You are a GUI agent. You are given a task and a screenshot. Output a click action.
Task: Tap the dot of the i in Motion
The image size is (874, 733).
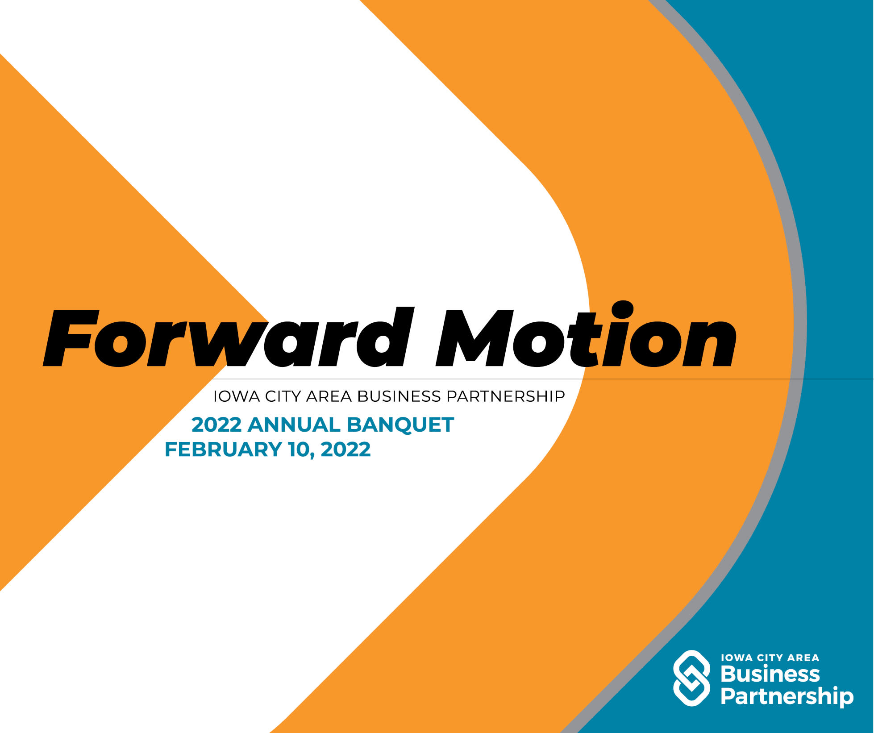pos(622,310)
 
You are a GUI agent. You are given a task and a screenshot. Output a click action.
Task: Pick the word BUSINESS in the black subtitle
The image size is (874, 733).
pos(399,396)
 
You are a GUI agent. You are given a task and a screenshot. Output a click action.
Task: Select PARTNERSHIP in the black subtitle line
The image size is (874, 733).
pos(506,396)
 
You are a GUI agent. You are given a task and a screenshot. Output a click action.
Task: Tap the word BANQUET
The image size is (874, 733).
pos(400,425)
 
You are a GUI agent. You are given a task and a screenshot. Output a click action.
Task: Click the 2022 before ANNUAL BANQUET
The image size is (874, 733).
pos(216,425)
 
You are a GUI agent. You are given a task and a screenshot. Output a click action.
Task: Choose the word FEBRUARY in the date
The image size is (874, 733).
pos(224,449)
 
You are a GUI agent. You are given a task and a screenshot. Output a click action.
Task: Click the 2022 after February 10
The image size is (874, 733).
pos(345,449)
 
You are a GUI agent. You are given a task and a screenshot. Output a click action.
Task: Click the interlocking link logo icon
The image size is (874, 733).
pos(691,678)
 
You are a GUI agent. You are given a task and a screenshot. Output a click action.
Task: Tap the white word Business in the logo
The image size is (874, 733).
pos(770,674)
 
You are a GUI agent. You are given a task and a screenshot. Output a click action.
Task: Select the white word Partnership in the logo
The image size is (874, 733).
pos(787,697)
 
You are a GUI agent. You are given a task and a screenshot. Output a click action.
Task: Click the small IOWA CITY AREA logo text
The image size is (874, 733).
pos(770,658)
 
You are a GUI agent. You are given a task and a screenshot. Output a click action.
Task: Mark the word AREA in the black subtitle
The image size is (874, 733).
pos(329,396)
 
